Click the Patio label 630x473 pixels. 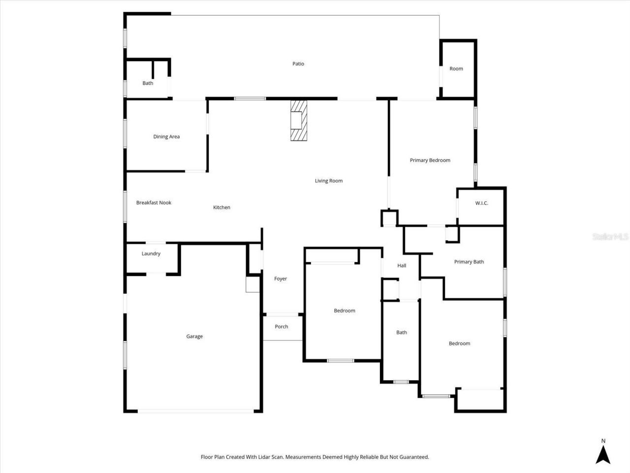point(298,64)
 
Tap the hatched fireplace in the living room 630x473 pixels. point(298,121)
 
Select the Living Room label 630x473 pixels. point(328,181)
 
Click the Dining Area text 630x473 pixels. point(166,136)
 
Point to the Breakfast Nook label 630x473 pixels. point(154,203)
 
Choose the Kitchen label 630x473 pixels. point(221,207)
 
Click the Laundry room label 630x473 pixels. point(151,254)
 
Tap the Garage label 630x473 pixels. point(194,337)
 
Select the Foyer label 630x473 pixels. point(281,279)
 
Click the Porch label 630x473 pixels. point(282,327)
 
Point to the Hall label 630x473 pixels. point(402,266)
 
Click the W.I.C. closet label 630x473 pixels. point(481,203)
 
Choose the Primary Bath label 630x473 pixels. point(469,262)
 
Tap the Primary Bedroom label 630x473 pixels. point(430,160)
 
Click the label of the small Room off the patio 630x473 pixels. point(456,68)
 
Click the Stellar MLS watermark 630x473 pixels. point(610,237)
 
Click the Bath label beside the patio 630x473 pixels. point(148,83)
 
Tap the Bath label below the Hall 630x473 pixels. point(402,333)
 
